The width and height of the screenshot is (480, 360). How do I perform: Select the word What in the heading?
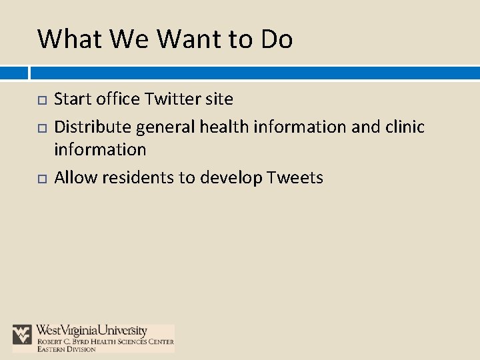click(x=69, y=39)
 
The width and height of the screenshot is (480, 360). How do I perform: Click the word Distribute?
click(x=93, y=126)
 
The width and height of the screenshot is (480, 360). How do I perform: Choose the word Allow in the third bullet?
click(x=73, y=177)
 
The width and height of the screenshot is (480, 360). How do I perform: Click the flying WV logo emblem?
click(x=22, y=334)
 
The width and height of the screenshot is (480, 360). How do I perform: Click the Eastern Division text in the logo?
click(x=66, y=349)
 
